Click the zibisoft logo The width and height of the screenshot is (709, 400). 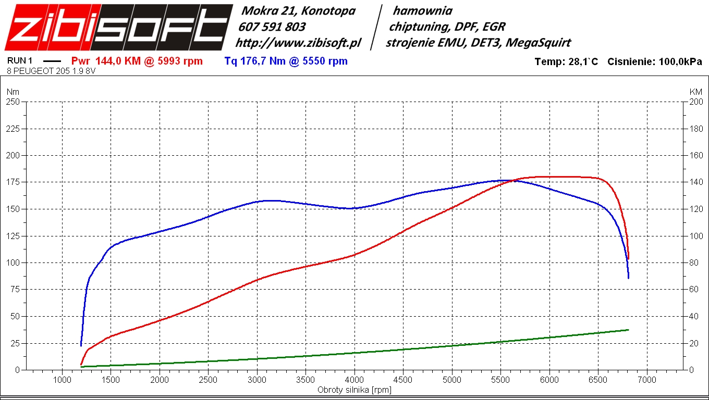(118, 27)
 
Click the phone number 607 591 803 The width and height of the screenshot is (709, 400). (272, 27)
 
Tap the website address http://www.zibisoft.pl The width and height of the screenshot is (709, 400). (298, 43)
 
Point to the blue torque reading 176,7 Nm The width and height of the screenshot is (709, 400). (255, 61)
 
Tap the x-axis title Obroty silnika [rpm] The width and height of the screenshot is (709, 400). (354, 390)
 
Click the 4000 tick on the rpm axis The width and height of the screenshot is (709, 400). (354, 380)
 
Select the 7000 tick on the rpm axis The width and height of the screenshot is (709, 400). (647, 380)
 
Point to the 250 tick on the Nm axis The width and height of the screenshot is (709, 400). (13, 102)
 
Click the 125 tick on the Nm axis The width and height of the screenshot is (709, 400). (13, 236)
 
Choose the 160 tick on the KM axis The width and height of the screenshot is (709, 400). (695, 155)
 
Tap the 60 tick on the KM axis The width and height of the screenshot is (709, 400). (695, 290)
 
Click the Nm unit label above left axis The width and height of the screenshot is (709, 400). (12, 92)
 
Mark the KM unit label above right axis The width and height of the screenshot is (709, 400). (695, 92)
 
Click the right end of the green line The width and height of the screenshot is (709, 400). (628, 330)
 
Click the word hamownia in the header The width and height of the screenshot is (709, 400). (422, 10)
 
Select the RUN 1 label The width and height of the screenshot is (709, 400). (20, 61)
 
